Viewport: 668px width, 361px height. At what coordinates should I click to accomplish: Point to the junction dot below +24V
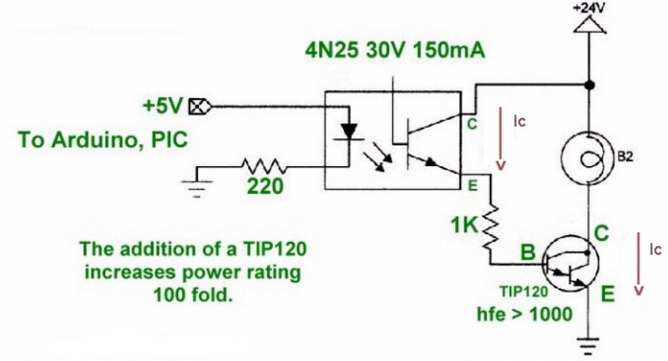pos(590,85)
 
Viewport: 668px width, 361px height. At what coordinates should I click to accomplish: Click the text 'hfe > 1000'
pos(525,314)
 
